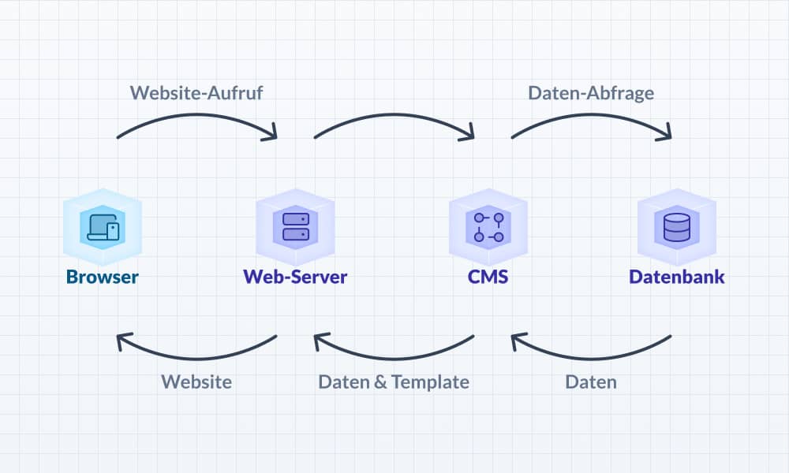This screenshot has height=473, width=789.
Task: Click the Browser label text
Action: click(x=103, y=277)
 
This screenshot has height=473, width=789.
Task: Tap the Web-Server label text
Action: click(x=295, y=277)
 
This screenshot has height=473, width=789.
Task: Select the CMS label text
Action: click(x=488, y=277)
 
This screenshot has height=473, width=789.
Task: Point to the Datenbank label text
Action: click(x=677, y=277)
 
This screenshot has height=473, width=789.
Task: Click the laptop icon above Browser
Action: click(x=103, y=228)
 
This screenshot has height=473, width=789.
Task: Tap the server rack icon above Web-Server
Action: click(x=295, y=226)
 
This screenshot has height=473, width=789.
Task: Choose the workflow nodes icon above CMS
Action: click(x=488, y=226)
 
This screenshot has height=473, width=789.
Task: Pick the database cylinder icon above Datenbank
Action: click(x=676, y=227)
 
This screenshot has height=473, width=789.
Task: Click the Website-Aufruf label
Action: click(x=196, y=92)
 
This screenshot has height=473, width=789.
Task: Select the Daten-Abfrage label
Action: click(x=591, y=92)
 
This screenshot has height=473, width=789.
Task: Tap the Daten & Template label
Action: click(x=394, y=382)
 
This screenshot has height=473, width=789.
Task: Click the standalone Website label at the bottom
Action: click(x=196, y=382)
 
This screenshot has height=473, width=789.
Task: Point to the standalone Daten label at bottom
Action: click(x=591, y=382)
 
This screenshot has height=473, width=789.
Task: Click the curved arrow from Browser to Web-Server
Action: click(x=197, y=115)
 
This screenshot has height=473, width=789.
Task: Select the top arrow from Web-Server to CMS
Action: click(x=394, y=115)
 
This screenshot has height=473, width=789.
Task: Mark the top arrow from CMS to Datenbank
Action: click(x=592, y=115)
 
